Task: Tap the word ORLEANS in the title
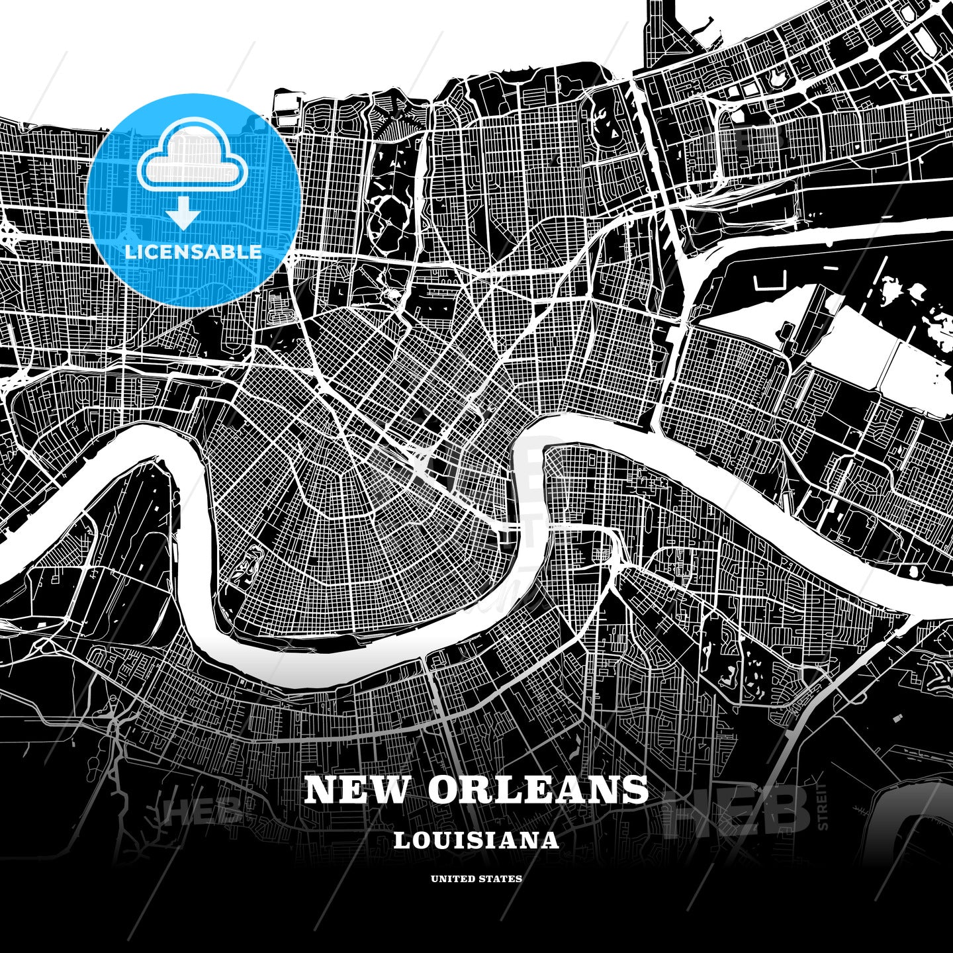538,790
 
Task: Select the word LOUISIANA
476,840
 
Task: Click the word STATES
501,879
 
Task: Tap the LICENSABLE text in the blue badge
193,252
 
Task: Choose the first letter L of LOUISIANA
400,840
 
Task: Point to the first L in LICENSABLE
130,252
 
